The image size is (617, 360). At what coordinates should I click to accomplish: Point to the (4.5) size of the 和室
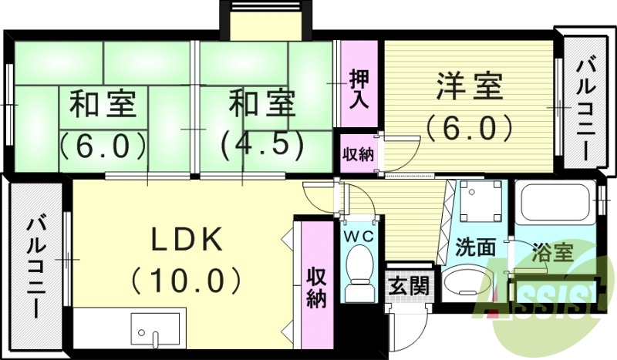tap(255, 144)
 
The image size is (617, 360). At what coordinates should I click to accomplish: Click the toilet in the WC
tap(359, 274)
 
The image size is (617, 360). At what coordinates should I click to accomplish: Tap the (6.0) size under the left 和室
tap(103, 144)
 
